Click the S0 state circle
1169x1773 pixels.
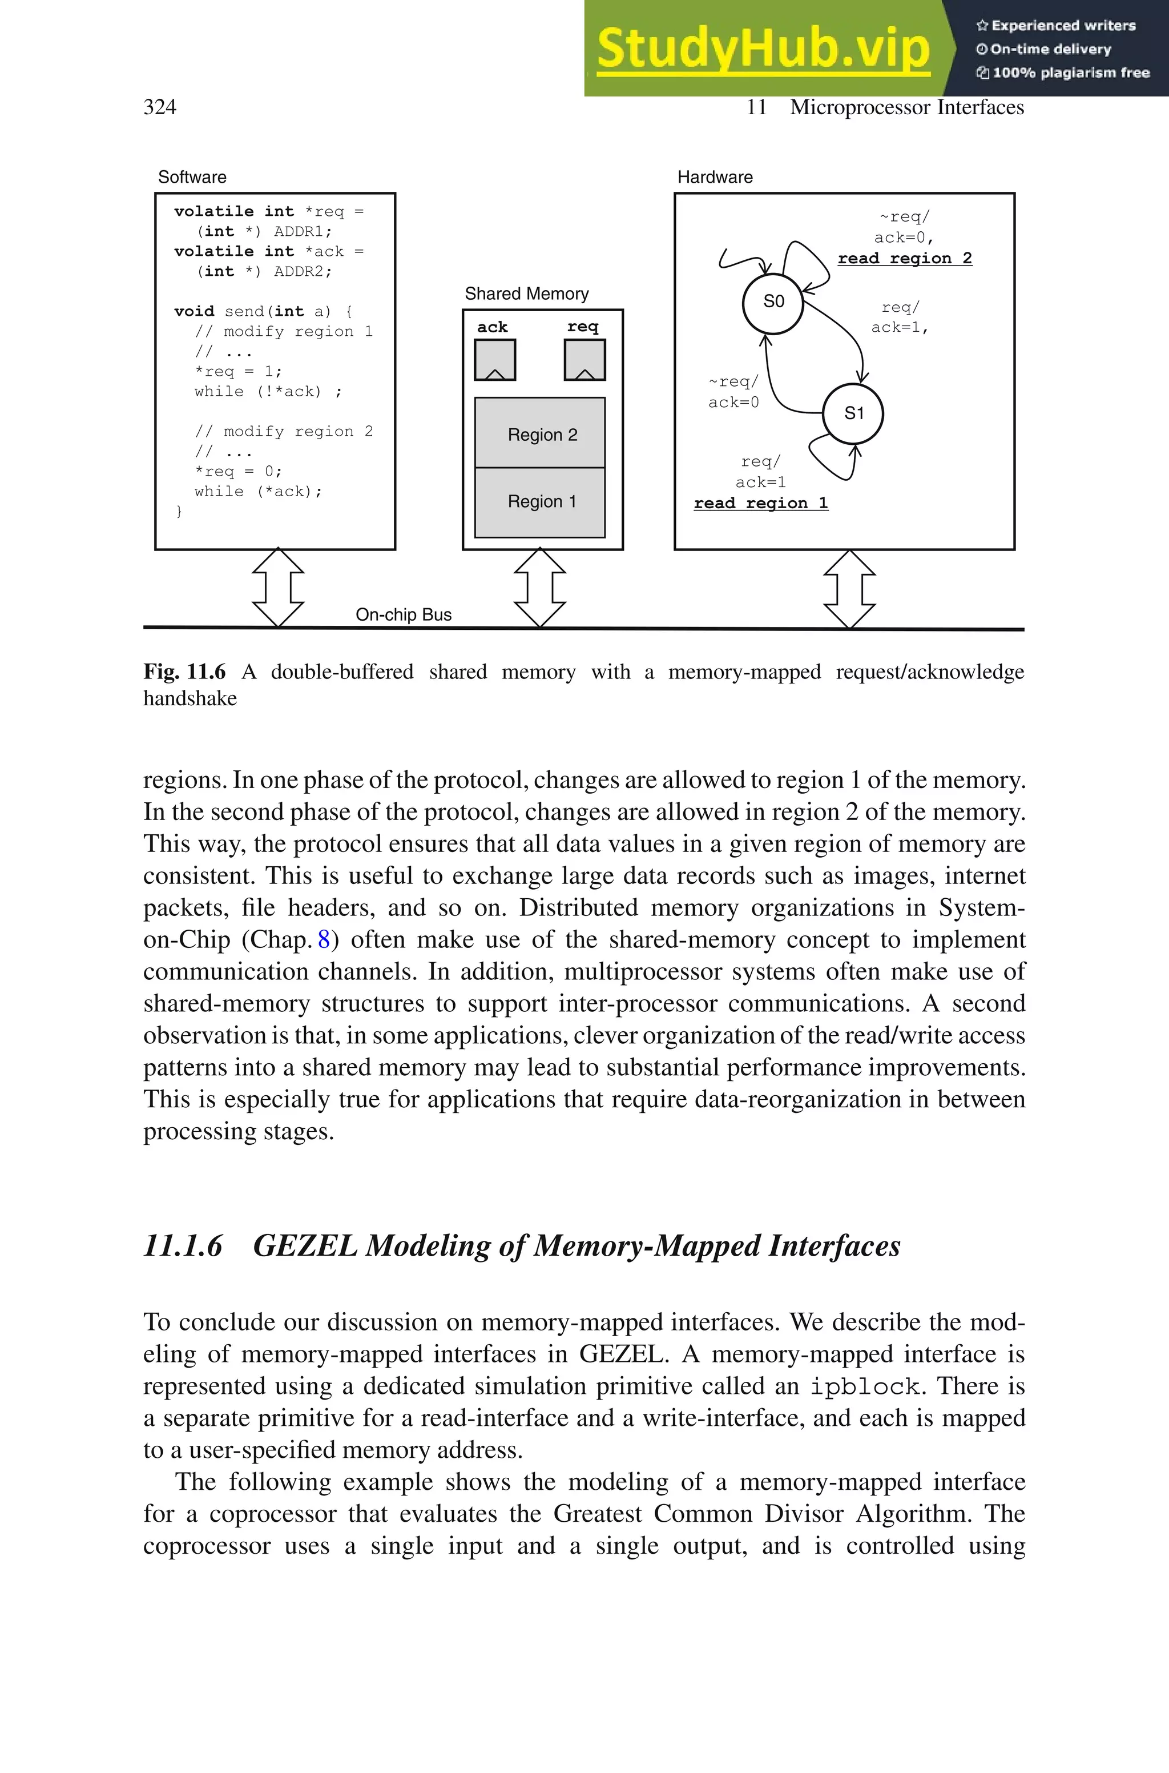pos(773,302)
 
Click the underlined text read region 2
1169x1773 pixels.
pos(904,259)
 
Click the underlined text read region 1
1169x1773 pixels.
pos(760,503)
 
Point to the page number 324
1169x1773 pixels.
pos(160,107)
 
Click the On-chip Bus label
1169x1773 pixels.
pos(404,615)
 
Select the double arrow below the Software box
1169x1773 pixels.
pos(278,588)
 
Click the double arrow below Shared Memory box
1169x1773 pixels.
pos(540,588)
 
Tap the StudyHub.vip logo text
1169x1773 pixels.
pos(763,49)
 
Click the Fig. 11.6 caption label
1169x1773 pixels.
pos(184,672)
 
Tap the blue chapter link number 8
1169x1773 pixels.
pos(324,939)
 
